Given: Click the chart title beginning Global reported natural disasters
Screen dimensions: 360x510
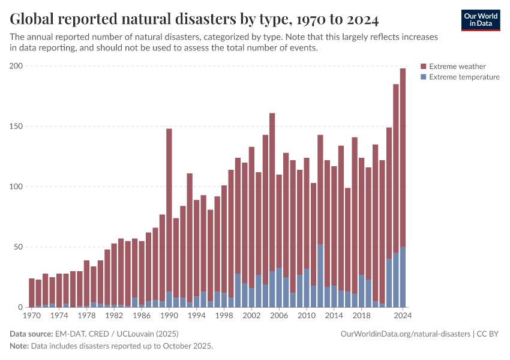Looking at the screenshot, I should coord(194,19).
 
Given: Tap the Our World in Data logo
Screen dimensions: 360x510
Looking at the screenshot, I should coord(481,20).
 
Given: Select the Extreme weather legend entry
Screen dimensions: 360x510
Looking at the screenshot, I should coord(453,67).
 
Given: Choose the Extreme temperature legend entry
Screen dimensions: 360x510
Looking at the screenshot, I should coord(460,77).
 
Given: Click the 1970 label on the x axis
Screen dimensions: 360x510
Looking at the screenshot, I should coord(32,315).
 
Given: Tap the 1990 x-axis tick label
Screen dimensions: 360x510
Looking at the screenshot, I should coord(169,315).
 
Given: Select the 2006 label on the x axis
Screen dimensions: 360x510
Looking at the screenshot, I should coord(279,315).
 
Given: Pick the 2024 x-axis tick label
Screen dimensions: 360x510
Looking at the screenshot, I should coord(403,315).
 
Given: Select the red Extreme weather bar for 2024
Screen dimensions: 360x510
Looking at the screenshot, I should coord(403,156).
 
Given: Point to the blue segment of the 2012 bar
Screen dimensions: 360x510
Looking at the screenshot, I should coord(320,276).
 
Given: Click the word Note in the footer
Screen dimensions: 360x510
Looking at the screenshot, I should coord(19,346).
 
